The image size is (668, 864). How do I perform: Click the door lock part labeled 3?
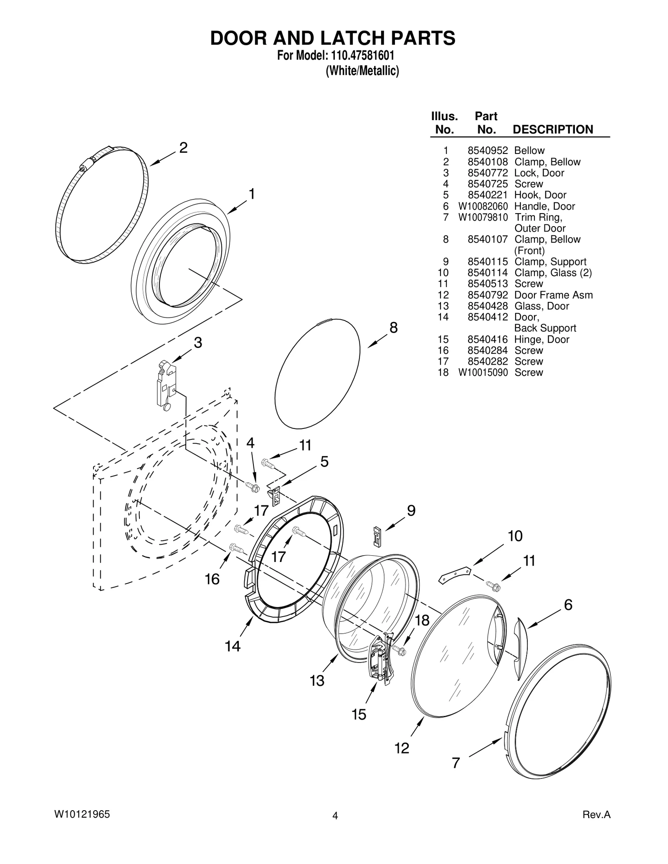165,385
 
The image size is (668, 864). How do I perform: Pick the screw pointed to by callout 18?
399,650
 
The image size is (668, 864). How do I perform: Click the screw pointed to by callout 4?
253,486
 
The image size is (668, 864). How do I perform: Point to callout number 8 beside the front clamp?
393,328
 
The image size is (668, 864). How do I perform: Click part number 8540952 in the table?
487,151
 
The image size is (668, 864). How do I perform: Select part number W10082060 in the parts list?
483,206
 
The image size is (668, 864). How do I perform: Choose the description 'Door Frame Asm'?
553,295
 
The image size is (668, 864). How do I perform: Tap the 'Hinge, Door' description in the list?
541,339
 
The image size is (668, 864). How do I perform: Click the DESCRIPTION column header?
552,129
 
